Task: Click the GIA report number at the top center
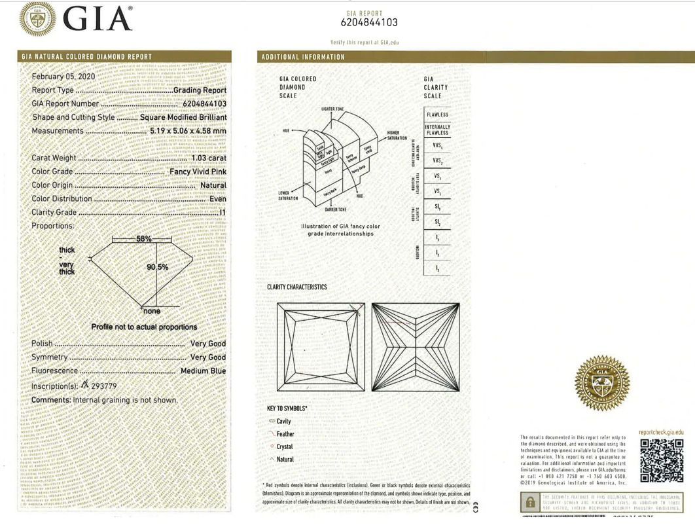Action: point(369,22)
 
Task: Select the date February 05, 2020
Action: point(63,77)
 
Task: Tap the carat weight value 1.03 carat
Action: point(209,158)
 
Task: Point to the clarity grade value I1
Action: point(223,212)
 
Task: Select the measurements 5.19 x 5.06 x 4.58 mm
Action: point(188,131)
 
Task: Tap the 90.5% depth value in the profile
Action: point(157,266)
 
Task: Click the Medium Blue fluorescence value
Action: point(203,371)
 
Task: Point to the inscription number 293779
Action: point(103,386)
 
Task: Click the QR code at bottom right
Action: point(661,461)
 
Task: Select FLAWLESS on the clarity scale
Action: point(437,115)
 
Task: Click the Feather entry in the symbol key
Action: point(285,434)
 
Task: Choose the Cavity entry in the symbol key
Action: point(283,422)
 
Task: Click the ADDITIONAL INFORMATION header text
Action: point(303,57)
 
